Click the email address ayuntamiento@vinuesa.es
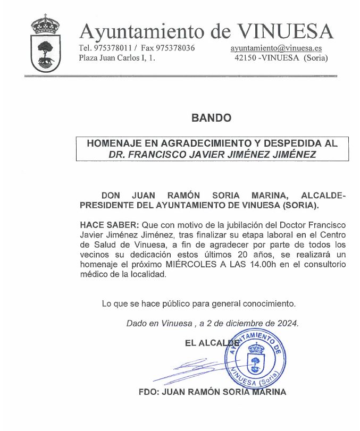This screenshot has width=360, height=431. click(x=276, y=48)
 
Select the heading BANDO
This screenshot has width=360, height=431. click(x=211, y=118)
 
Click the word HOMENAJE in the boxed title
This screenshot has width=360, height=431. click(x=113, y=143)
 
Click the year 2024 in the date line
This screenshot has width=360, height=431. click(x=287, y=323)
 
